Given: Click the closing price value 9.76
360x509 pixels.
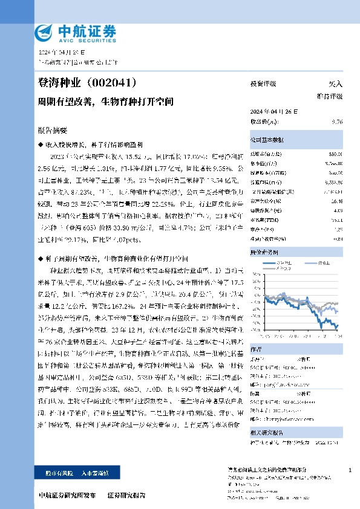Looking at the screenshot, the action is point(337,122).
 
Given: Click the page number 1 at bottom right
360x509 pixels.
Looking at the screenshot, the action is point(350,470).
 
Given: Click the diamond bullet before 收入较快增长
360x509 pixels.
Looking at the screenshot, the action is point(41,146).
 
